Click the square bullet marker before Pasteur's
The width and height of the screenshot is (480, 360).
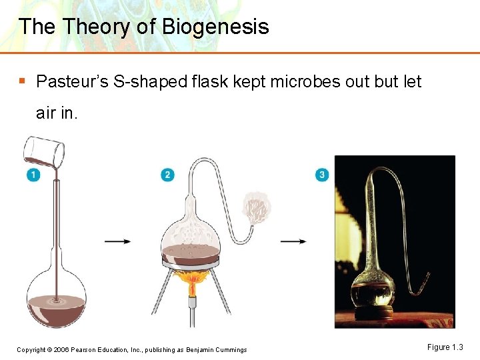(23, 81)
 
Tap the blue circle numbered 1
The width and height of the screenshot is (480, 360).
(33, 175)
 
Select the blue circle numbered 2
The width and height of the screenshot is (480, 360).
(167, 175)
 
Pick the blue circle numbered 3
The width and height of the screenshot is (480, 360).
(322, 175)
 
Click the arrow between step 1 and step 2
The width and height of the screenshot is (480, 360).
(118, 241)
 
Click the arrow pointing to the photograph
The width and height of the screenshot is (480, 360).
(293, 241)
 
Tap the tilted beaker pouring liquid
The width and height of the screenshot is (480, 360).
(45, 152)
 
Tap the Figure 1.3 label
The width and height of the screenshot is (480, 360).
(445, 347)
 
